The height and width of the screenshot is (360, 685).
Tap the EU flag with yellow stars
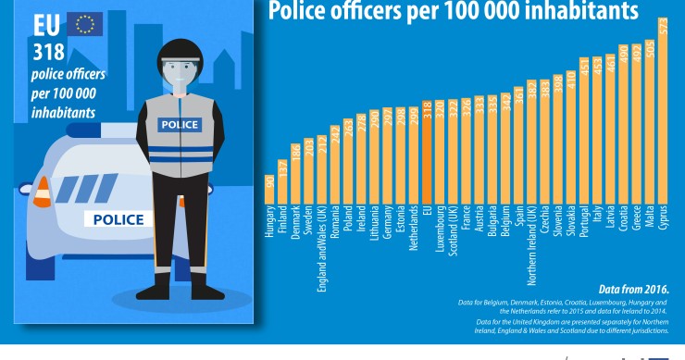(x=88, y=23)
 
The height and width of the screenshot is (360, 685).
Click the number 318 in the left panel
(x=49, y=52)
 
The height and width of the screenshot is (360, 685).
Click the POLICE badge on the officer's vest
(x=179, y=124)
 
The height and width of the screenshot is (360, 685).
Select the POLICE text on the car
(x=118, y=219)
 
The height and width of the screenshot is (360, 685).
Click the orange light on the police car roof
(x=42, y=192)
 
